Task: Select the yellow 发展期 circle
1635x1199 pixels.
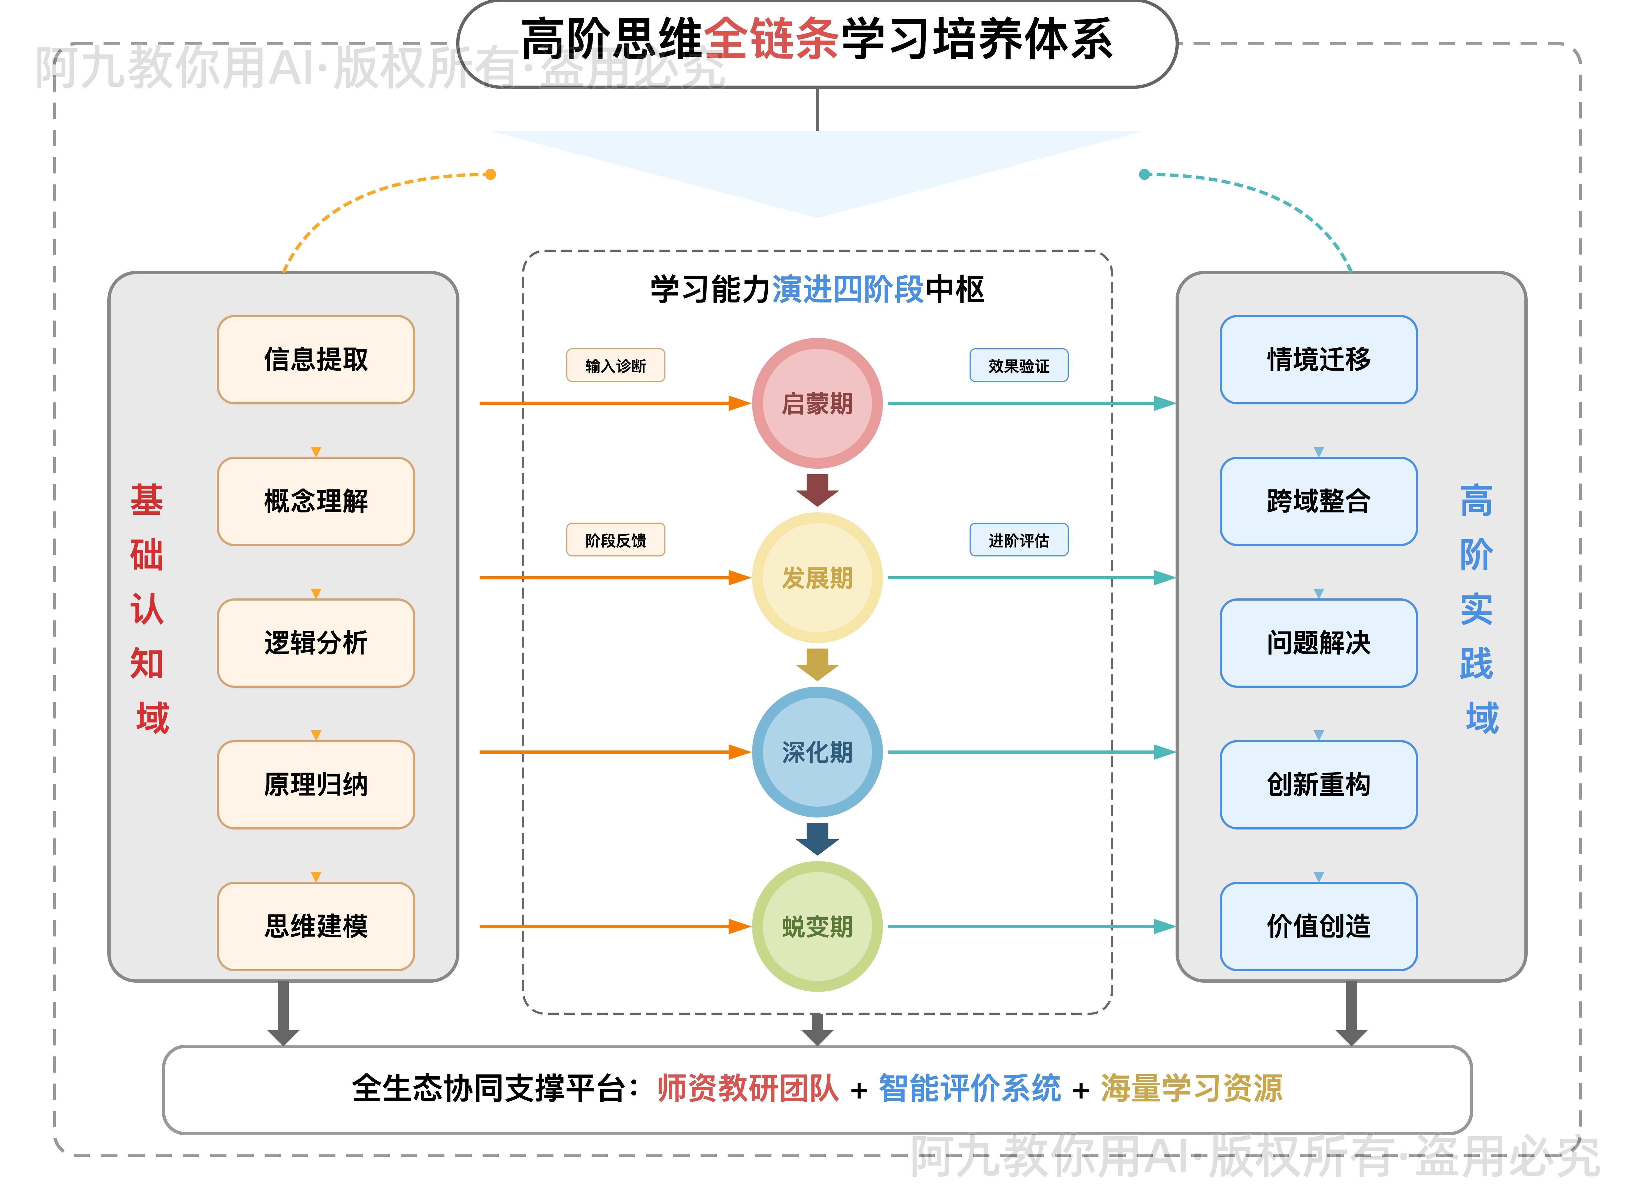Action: tap(817, 578)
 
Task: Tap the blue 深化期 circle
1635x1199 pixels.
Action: tap(817, 752)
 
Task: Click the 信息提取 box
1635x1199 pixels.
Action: tap(316, 359)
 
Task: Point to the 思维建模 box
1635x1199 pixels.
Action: tap(316, 926)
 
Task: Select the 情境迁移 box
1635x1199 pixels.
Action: tap(1319, 359)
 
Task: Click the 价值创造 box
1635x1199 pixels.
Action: tap(1319, 926)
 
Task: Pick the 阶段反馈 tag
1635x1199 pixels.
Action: tap(615, 540)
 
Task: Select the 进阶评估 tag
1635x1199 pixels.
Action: tap(1019, 540)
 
